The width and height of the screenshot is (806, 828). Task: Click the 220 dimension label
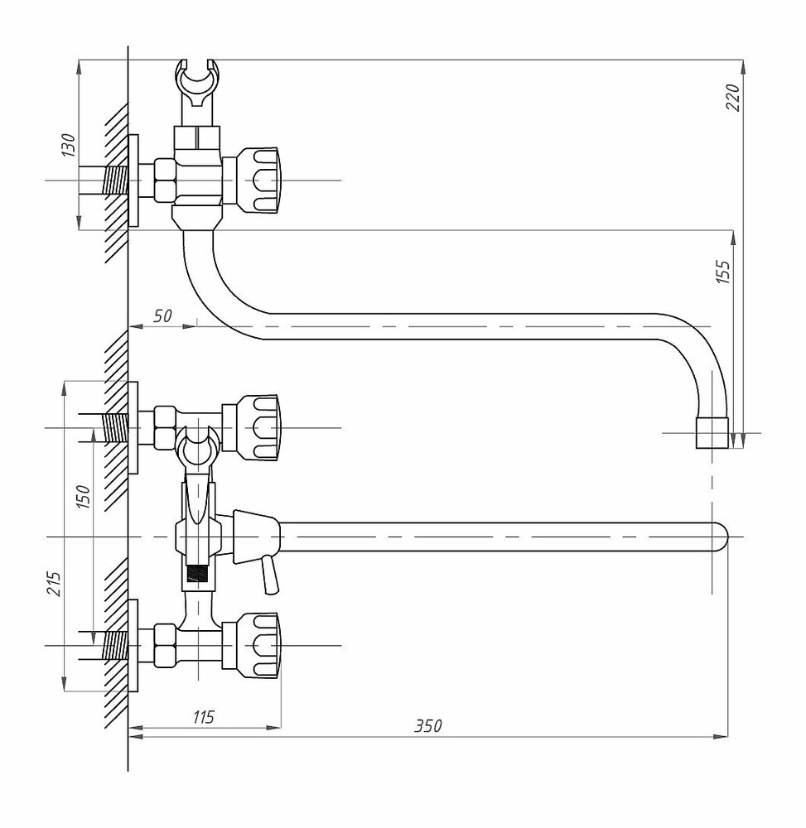pyautogui.click(x=734, y=97)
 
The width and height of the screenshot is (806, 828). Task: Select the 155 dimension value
pyautogui.click(x=723, y=272)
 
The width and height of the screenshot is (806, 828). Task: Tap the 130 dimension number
pyautogui.click(x=69, y=145)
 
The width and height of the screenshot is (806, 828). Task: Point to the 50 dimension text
pyautogui.click(x=162, y=315)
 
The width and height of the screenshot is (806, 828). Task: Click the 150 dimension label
pyautogui.click(x=84, y=497)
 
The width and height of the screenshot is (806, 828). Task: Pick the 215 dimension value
pyautogui.click(x=55, y=584)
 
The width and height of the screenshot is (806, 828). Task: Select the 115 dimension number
pyautogui.click(x=203, y=717)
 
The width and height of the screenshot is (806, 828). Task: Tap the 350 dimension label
pyautogui.click(x=427, y=726)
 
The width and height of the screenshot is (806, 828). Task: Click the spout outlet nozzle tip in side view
pyautogui.click(x=712, y=433)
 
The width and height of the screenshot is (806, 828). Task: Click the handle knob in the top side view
pyautogui.click(x=257, y=181)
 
